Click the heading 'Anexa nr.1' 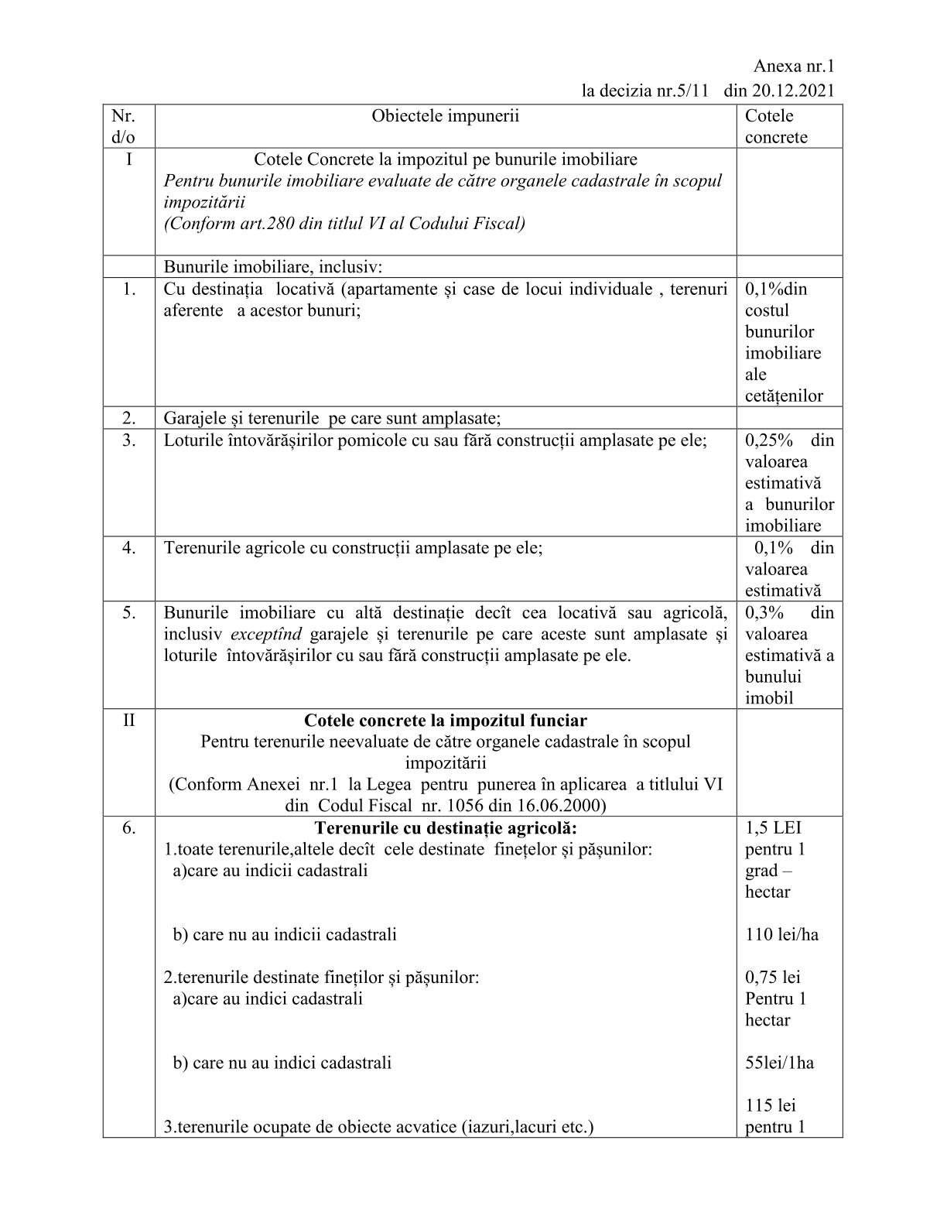(794, 67)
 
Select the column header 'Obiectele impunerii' (445, 116)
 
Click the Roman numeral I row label (128, 159)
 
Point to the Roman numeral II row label (128, 721)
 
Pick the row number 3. (128, 440)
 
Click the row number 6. (128, 828)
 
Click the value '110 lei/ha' (781, 935)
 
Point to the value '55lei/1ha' (779, 1063)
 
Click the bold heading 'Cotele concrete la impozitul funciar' (445, 721)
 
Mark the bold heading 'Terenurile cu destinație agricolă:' (446, 828)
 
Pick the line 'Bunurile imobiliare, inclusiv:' (273, 267)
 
